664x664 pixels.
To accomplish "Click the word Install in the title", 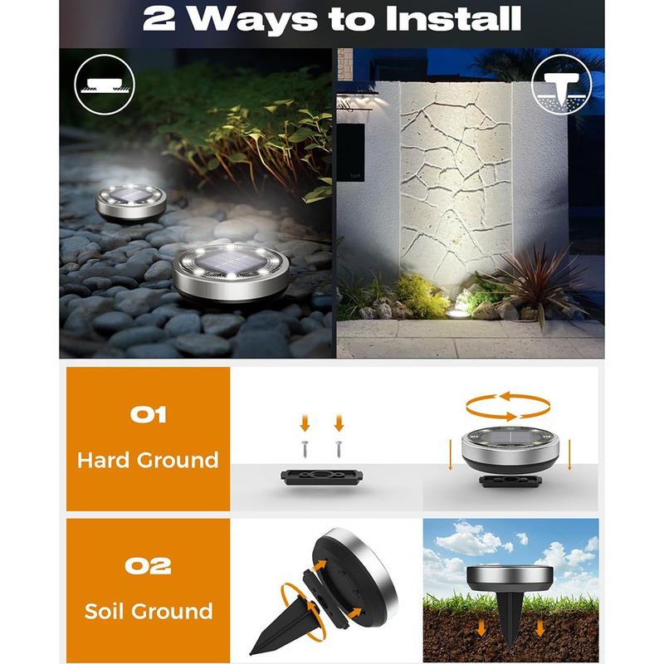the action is (453, 18).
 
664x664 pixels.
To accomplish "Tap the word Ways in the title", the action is (252, 20).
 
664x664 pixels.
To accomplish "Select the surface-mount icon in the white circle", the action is (105, 85).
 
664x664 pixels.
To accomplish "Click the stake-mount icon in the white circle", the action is (562, 85).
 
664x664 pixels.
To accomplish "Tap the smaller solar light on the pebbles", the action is (131, 203).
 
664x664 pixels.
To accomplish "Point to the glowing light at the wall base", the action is (457, 313).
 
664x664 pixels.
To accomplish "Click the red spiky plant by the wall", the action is (540, 280).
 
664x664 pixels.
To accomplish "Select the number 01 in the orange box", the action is (149, 414).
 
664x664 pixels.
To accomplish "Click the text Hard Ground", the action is (148, 460).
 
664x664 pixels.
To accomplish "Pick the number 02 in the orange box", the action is (149, 566).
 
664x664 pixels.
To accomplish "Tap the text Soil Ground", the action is (149, 611).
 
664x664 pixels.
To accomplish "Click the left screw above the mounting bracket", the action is (305, 449).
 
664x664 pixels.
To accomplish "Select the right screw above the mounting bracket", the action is (339, 449).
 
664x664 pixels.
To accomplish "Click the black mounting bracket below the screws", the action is (322, 476).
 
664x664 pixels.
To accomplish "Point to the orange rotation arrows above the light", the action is (508, 407).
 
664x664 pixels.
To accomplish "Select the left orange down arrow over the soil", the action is (481, 628).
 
